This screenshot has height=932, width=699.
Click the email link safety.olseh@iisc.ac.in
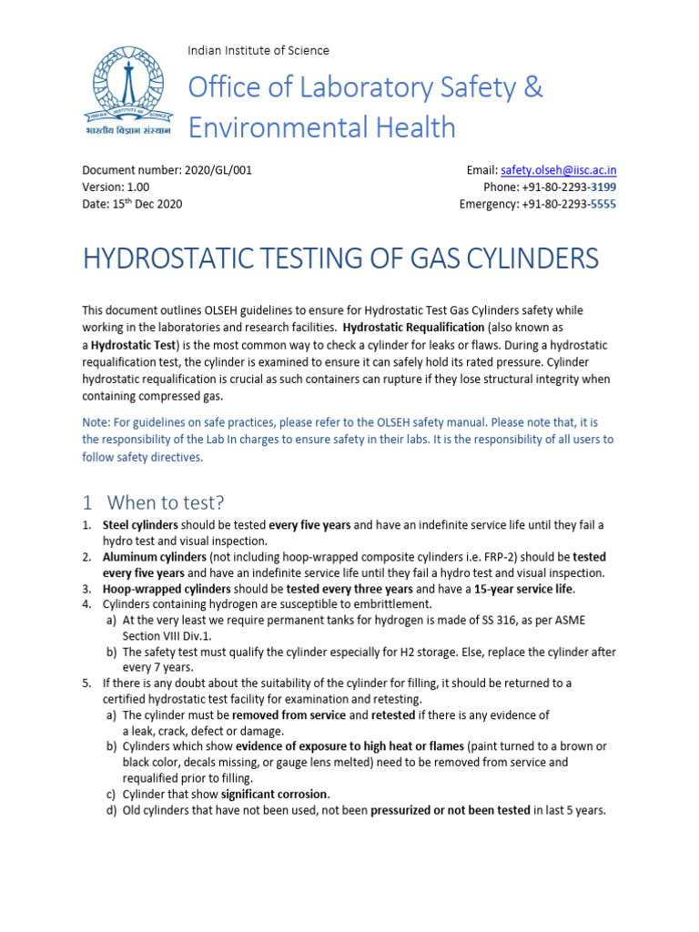coord(558,170)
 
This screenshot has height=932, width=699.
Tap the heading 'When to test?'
coord(166,502)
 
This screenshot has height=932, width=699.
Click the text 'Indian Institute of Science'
coord(258,50)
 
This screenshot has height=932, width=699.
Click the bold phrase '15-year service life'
coord(524,589)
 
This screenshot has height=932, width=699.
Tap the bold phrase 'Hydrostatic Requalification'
coord(413,327)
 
